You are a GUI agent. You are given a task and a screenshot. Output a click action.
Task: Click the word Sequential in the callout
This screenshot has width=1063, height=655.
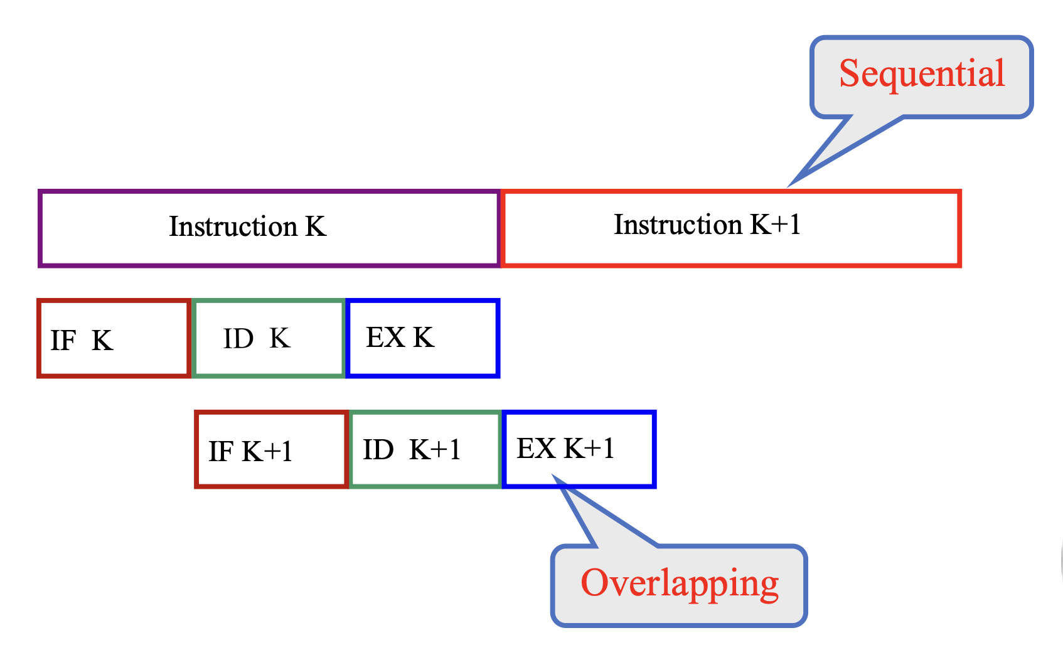tap(922, 74)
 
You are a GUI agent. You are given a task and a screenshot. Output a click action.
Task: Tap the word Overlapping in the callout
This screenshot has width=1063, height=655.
tap(680, 583)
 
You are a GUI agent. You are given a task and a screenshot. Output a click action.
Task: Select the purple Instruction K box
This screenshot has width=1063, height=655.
tap(269, 228)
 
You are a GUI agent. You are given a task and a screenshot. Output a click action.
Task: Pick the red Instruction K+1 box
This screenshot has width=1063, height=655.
tap(732, 228)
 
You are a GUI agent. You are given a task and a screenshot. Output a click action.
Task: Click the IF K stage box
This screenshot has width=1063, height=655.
tap(114, 339)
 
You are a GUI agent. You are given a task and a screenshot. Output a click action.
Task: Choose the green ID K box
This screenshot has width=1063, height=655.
tap(269, 339)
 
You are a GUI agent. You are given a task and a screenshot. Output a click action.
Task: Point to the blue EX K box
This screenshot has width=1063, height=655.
tap(423, 339)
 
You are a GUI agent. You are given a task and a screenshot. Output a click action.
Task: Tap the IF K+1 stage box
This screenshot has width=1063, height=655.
tap(271, 449)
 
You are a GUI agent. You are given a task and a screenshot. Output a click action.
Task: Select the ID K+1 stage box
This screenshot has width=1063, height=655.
tap(425, 449)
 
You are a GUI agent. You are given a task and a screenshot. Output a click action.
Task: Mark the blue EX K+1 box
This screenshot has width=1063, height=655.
tap(579, 449)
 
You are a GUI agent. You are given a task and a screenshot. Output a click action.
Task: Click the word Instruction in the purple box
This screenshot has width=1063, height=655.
tap(233, 226)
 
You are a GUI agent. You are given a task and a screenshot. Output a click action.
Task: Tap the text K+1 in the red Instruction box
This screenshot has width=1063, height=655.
tap(776, 224)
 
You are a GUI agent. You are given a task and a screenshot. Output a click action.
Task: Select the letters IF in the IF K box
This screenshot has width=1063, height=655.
tap(63, 341)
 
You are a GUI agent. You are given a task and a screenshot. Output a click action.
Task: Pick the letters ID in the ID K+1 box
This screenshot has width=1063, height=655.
tap(378, 450)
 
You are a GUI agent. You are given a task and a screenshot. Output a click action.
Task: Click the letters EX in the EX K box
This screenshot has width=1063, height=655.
tap(385, 338)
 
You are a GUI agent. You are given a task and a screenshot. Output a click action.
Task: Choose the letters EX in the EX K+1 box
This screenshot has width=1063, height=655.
tap(536, 449)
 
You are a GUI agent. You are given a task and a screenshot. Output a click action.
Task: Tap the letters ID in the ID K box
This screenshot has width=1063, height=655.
tap(238, 339)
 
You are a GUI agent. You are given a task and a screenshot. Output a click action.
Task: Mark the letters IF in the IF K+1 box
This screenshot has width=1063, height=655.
tap(221, 452)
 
